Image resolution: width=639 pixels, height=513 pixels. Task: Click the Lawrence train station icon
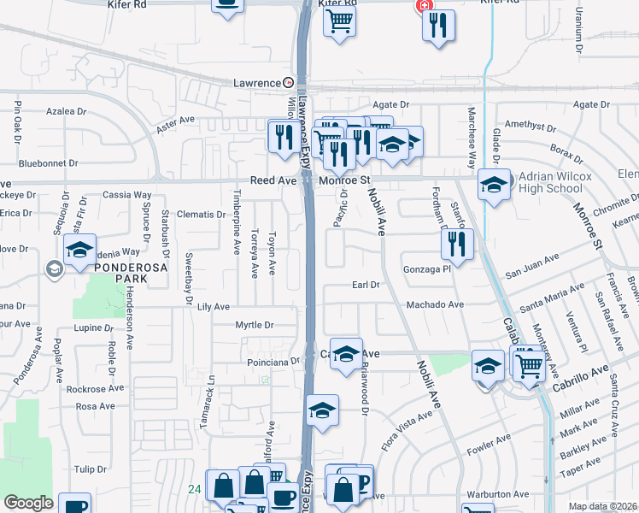[289, 83]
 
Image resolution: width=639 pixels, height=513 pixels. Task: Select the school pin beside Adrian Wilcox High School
[494, 184]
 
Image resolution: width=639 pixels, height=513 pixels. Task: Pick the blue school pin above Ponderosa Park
[79, 251]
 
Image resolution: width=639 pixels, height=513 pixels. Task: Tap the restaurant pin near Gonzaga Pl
[458, 245]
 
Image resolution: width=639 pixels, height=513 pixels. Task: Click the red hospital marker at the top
[421, 6]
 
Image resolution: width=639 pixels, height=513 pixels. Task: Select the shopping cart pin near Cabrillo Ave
[530, 363]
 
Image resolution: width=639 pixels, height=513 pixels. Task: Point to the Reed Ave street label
[273, 181]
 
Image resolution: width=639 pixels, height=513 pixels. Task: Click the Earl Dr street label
[365, 285]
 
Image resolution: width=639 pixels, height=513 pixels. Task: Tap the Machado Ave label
[435, 304]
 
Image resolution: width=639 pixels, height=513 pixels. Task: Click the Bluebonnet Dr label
[48, 162]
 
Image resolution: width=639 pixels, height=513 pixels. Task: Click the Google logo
[28, 504]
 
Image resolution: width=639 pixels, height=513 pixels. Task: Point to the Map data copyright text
[602, 506]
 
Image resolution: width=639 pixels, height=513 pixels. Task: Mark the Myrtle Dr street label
[255, 325]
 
